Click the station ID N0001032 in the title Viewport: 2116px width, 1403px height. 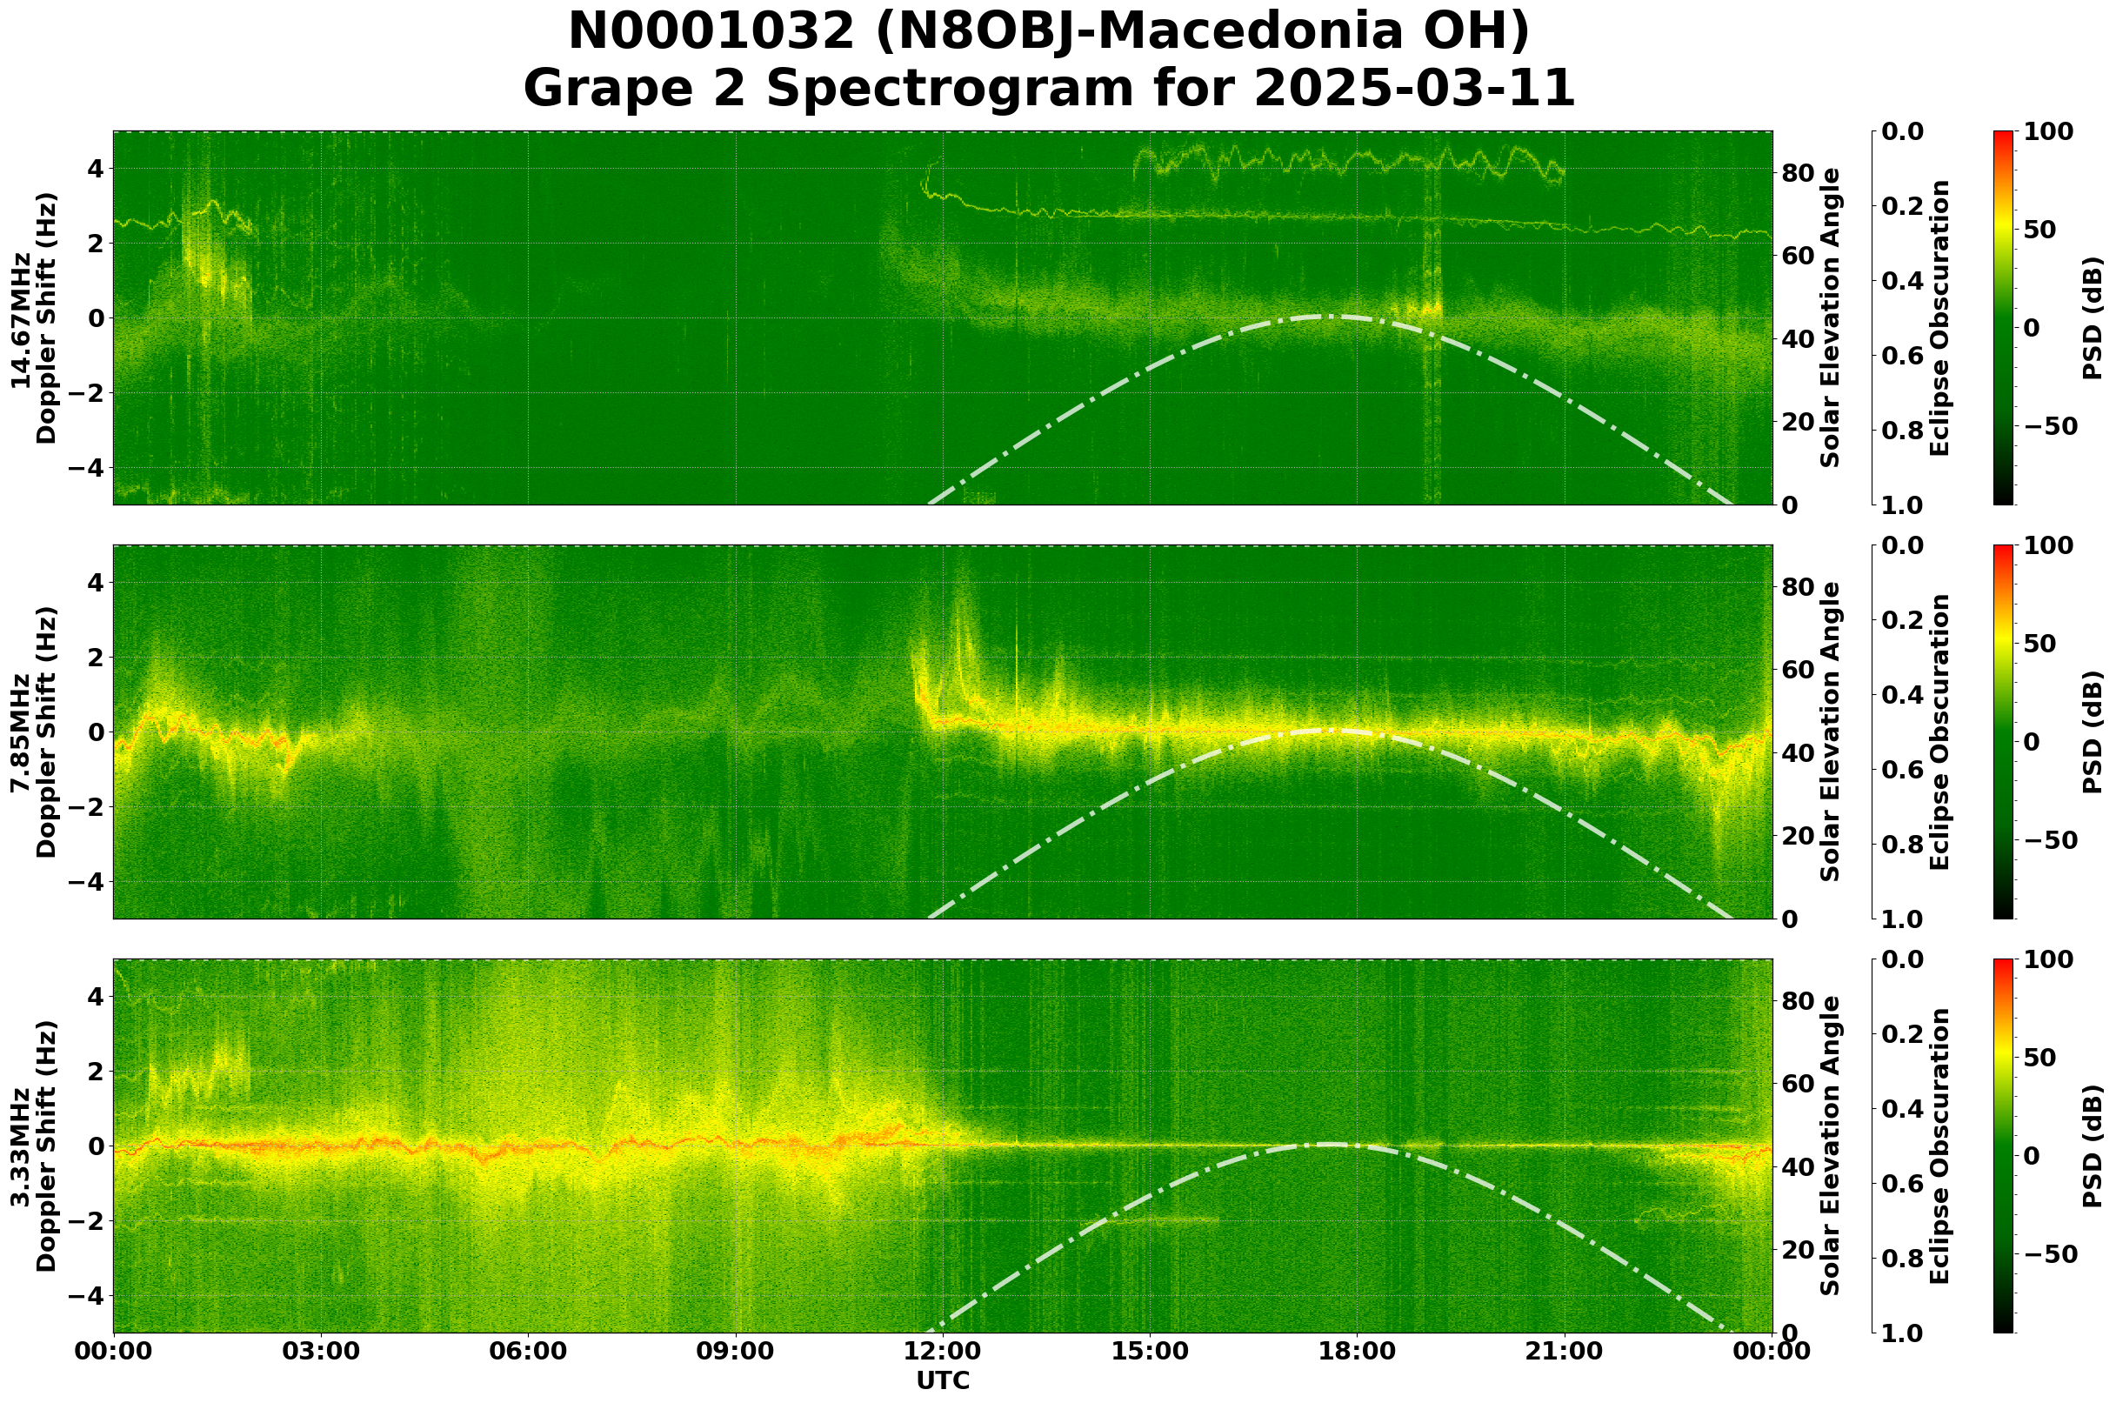[x=712, y=32]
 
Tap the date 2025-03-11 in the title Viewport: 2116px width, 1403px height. [x=1413, y=89]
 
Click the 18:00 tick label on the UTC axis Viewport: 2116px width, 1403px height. [x=1357, y=1351]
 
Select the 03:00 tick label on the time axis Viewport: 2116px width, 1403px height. [x=320, y=1351]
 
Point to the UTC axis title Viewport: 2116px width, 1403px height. [x=942, y=1380]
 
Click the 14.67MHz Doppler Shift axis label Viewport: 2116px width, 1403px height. [x=34, y=317]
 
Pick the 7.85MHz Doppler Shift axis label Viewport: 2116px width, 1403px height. [x=34, y=732]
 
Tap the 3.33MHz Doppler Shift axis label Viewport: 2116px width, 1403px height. [x=34, y=1146]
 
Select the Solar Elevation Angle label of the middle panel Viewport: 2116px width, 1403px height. [x=1831, y=732]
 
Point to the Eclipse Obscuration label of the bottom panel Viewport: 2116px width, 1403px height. [x=1939, y=1146]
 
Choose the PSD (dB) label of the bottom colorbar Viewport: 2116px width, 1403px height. [x=2092, y=1146]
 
